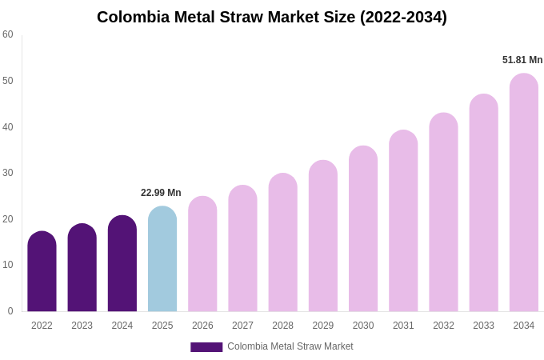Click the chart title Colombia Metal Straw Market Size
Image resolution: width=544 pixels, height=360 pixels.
point(272,17)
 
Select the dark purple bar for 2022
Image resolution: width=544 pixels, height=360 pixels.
point(42,272)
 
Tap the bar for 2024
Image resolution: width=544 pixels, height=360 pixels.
point(122,264)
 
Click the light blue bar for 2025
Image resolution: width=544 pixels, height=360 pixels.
point(162,260)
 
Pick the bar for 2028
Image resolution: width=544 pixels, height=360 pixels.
point(282,243)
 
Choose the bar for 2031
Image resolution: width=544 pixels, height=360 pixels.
point(403,222)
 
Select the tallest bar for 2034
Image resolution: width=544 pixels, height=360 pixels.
point(523,193)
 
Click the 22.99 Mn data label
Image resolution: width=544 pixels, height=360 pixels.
point(161,193)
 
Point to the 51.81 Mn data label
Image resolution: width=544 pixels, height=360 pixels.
point(522,60)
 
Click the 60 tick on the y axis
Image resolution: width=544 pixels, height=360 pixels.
point(8,34)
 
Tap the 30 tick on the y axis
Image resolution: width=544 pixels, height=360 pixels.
point(8,173)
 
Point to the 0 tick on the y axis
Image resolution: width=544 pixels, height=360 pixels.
point(10,311)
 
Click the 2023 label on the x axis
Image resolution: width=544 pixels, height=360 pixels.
point(82,326)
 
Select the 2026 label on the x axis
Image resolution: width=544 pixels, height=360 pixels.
point(202,326)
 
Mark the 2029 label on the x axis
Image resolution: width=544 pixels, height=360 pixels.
point(322,326)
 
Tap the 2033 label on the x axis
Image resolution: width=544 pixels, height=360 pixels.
point(483,326)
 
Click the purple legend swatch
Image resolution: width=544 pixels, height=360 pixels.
point(206,347)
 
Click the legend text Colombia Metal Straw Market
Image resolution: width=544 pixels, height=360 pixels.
point(290,346)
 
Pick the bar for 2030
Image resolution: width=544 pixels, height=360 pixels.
point(363,230)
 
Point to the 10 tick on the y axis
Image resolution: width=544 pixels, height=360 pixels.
point(8,265)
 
